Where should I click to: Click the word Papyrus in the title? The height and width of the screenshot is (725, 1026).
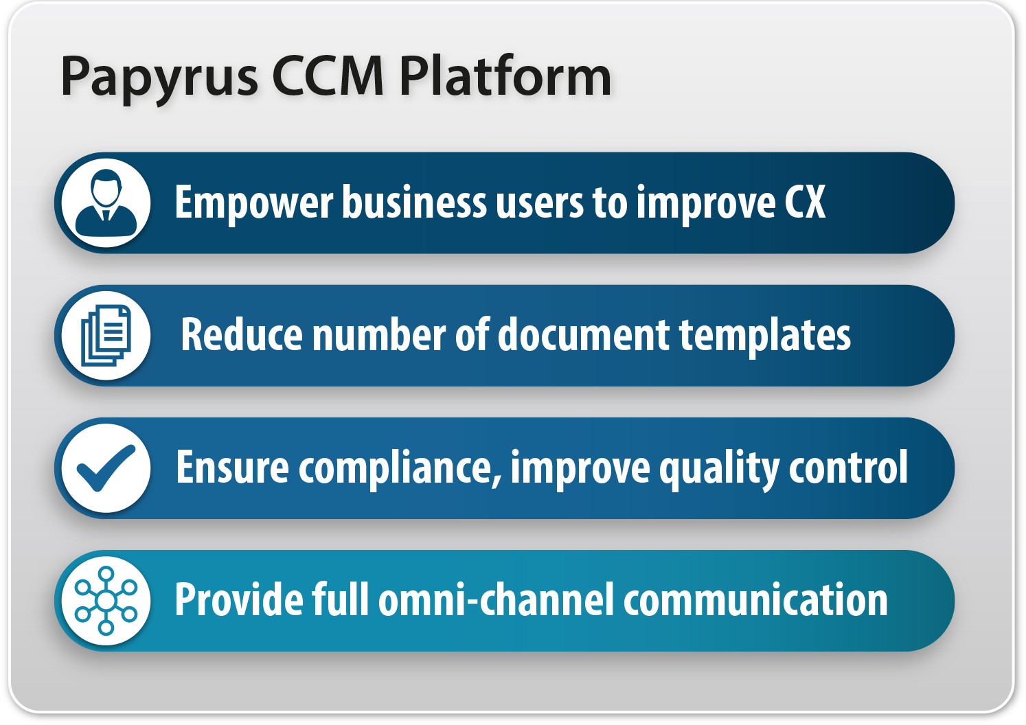[159, 77]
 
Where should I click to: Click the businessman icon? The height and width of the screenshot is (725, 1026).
[106, 203]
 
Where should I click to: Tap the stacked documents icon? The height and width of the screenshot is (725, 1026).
[106, 336]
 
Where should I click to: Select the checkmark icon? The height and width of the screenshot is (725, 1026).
[106, 468]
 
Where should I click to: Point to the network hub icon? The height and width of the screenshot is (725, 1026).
[106, 601]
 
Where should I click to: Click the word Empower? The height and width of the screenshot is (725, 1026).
[253, 203]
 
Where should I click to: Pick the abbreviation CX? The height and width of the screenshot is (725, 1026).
[805, 203]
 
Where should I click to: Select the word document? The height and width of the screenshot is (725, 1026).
[584, 335]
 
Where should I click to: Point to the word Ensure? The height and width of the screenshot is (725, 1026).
[232, 468]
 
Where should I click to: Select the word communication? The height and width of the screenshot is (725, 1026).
[755, 600]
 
